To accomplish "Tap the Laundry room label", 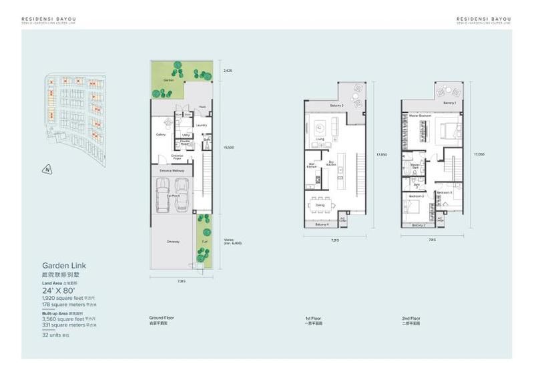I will (201, 125).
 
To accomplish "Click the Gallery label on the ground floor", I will (160, 134).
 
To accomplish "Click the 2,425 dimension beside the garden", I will (228, 69).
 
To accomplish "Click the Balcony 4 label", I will (322, 224).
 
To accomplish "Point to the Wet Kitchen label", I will (312, 165).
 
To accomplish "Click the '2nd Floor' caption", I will (411, 319).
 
